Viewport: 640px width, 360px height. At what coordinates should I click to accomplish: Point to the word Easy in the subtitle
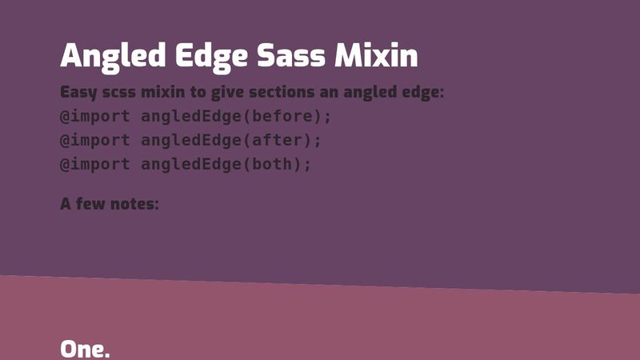coord(78,92)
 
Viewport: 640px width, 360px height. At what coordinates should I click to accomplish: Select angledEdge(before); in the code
coord(236,116)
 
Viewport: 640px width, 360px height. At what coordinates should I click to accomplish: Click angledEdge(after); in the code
coord(231,140)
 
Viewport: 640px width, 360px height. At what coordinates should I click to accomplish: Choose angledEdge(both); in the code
coord(226,164)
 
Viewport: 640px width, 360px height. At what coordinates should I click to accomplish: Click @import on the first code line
coord(94,116)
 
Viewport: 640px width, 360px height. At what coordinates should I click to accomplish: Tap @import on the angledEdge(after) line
coord(94,140)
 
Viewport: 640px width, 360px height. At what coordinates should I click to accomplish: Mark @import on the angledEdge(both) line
coord(94,164)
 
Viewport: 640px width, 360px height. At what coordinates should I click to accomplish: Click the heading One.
coord(85,349)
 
